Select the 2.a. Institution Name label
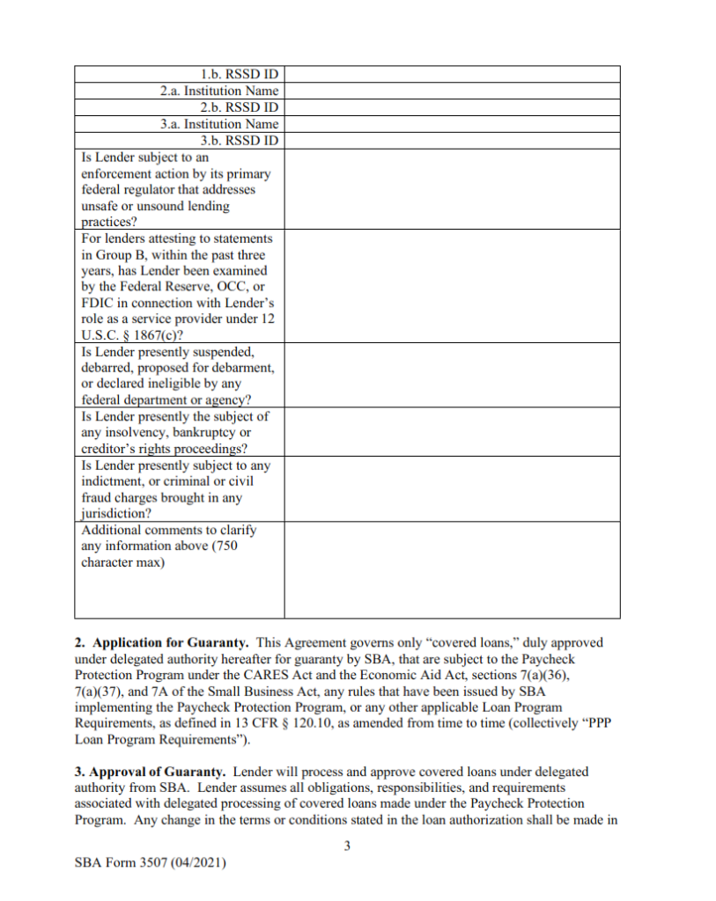tap(219, 91)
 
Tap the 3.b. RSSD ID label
tap(240, 141)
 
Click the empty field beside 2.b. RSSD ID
tap(451, 107)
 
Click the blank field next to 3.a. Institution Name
tap(451, 124)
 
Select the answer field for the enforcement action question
tap(451, 189)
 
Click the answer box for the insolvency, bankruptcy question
tap(451, 432)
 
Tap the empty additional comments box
tap(451, 570)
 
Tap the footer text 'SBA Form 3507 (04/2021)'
tap(151, 865)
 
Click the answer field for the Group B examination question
tap(451, 286)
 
